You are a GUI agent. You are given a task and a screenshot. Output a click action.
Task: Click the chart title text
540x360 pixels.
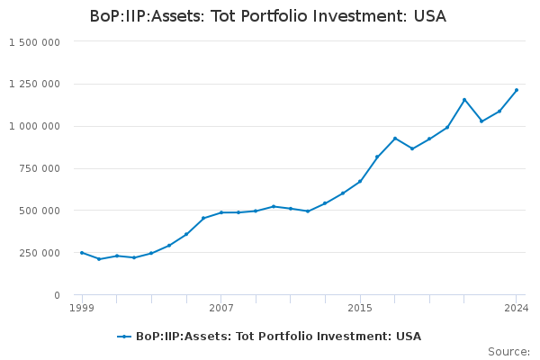click(267, 16)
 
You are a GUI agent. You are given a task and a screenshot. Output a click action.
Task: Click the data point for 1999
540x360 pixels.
click(82, 253)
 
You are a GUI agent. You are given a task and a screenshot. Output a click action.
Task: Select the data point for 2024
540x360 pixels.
click(517, 90)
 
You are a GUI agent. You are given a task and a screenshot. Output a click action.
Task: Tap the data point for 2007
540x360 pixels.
click(221, 212)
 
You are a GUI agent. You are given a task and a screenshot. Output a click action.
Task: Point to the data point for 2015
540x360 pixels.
click(360, 181)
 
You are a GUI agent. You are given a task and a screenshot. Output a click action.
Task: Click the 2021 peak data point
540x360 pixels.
click(464, 100)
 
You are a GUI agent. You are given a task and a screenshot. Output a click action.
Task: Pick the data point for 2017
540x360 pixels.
click(395, 139)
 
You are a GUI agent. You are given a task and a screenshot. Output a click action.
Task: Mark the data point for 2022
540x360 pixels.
click(481, 121)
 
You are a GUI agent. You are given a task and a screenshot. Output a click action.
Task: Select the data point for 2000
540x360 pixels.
click(99, 259)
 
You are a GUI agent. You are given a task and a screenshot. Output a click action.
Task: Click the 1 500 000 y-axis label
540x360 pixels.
click(34, 42)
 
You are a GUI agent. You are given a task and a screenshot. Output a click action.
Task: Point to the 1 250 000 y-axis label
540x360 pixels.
click(34, 85)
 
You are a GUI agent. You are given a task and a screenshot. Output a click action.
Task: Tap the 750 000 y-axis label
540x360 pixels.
click(40, 168)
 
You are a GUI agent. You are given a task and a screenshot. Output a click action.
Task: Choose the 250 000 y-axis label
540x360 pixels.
click(40, 253)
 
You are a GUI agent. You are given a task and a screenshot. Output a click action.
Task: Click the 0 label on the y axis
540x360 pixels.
click(56, 295)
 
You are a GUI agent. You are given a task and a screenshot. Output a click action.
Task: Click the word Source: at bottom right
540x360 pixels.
click(508, 352)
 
